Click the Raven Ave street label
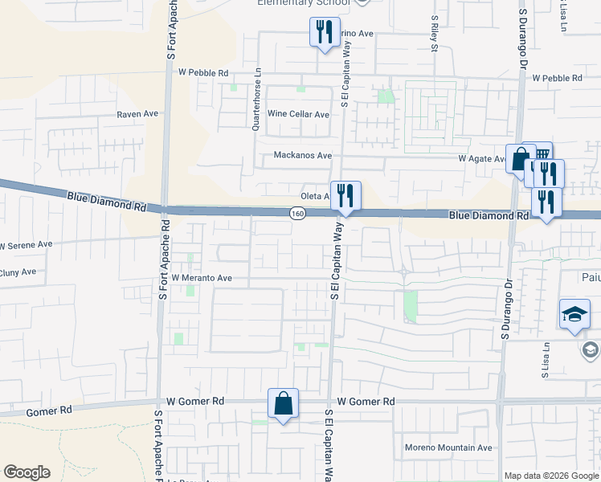[x=137, y=115]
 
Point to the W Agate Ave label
[x=480, y=159]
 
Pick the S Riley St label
[x=435, y=33]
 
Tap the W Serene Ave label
[x=25, y=244]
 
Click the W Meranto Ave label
[x=201, y=278]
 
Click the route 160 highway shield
[x=297, y=213]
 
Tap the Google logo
[x=27, y=472]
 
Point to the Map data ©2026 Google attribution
[x=551, y=476]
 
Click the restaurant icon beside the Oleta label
[x=345, y=195]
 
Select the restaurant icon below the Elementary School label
[x=325, y=32]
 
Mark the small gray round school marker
[x=591, y=350]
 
